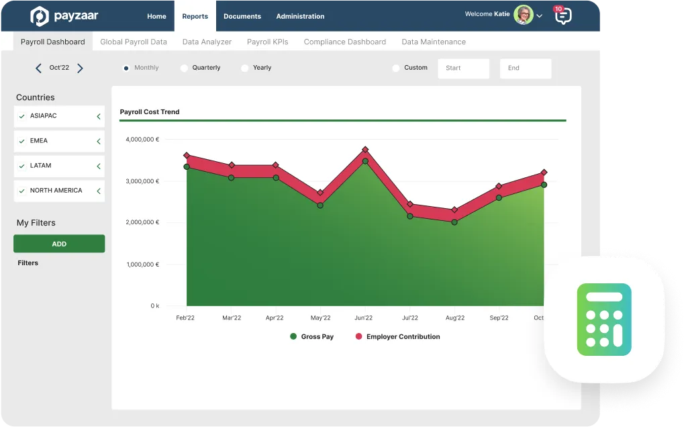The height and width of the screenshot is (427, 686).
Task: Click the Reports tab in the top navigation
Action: (195, 16)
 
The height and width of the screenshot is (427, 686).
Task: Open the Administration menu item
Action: (300, 16)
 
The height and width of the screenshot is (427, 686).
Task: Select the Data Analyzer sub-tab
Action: (207, 42)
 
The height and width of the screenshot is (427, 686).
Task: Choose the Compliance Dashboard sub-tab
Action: (344, 42)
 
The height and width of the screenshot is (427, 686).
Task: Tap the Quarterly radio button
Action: (184, 68)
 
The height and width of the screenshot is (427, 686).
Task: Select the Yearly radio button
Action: (244, 68)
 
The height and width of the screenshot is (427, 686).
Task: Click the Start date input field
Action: (463, 68)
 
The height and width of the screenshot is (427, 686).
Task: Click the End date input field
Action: (525, 68)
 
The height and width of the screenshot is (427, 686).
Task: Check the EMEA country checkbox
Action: (22, 141)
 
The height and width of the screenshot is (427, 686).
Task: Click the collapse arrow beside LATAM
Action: (99, 166)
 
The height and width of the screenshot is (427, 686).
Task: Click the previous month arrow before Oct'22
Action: (38, 68)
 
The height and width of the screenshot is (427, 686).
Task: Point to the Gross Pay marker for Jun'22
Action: (365, 161)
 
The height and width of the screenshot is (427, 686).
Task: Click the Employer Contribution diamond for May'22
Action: (320, 193)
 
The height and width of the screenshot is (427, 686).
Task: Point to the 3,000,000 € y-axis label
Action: (142, 181)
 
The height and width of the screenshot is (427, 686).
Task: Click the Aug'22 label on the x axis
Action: (454, 318)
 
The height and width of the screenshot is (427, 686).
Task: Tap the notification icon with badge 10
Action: (563, 15)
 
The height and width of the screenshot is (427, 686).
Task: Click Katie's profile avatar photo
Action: (523, 15)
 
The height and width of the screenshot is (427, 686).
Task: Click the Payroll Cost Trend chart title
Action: (150, 111)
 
